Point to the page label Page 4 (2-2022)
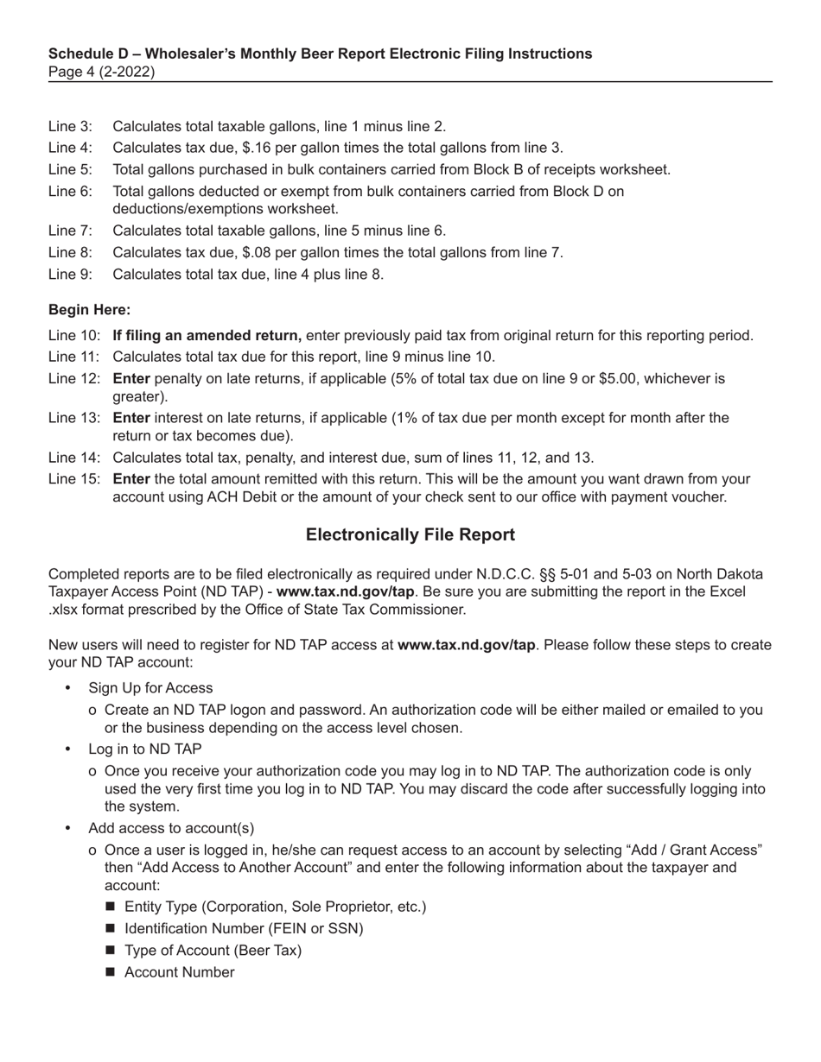point(101,72)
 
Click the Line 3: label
point(70,126)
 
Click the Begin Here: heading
point(90,309)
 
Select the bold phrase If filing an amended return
point(207,335)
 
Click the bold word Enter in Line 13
point(131,418)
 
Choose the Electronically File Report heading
point(410,534)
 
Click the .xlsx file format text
point(67,610)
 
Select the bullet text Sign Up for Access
point(150,688)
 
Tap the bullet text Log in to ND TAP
point(145,749)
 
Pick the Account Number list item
point(179,972)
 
